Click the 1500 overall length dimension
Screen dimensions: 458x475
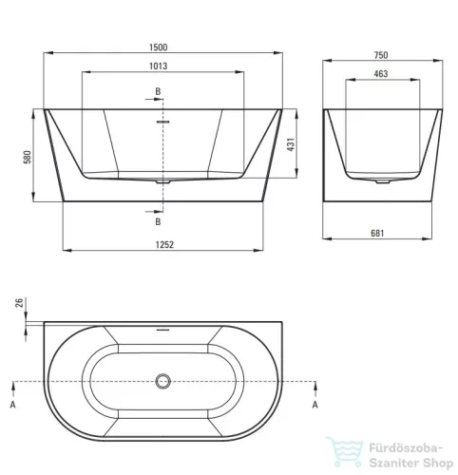point(159,47)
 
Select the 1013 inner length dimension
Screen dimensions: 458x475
point(159,66)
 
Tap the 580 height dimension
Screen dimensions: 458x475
point(28,157)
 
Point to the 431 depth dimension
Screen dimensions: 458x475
point(291,144)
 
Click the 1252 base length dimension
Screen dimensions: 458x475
point(164,245)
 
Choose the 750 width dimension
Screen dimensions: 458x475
point(381,55)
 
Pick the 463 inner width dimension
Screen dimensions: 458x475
point(381,74)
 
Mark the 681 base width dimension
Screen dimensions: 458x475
point(377,234)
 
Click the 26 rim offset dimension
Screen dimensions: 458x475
point(20,303)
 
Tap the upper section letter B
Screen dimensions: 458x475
point(158,91)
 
